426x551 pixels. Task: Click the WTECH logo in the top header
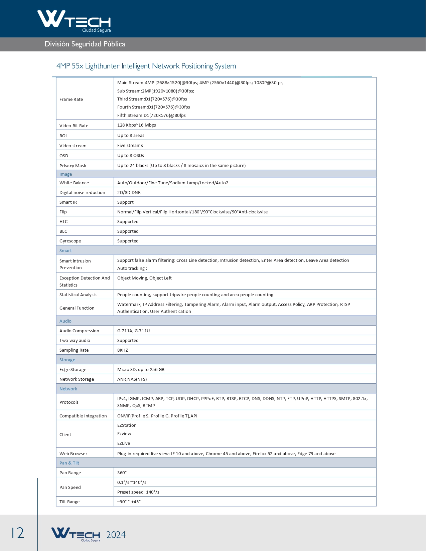[x=74, y=21]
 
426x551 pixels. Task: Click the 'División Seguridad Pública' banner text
[x=85, y=44]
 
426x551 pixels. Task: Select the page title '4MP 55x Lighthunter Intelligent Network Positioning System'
[x=146, y=66]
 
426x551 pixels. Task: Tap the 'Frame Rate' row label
[x=71, y=99]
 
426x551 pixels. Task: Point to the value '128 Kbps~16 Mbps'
[x=137, y=125]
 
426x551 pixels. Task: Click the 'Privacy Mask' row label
[x=73, y=166]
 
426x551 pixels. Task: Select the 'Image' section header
[x=66, y=174]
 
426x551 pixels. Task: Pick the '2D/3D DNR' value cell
[x=129, y=192]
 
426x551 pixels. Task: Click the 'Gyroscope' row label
[x=70, y=241]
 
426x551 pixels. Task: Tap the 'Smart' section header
[x=66, y=250]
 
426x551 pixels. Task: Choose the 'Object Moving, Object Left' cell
[x=144, y=278]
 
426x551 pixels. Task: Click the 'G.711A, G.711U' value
[x=134, y=331]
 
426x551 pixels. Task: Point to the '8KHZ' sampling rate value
[x=123, y=350]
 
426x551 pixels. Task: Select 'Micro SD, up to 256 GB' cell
[x=141, y=369]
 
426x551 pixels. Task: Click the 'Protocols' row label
[x=69, y=402]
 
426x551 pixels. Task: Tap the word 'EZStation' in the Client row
[x=127, y=425]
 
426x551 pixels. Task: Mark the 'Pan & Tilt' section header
[x=69, y=463]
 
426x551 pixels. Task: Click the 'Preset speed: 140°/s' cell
[x=138, y=492]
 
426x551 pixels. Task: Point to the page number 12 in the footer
[x=18, y=533]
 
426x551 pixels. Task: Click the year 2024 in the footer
[x=116, y=535]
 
